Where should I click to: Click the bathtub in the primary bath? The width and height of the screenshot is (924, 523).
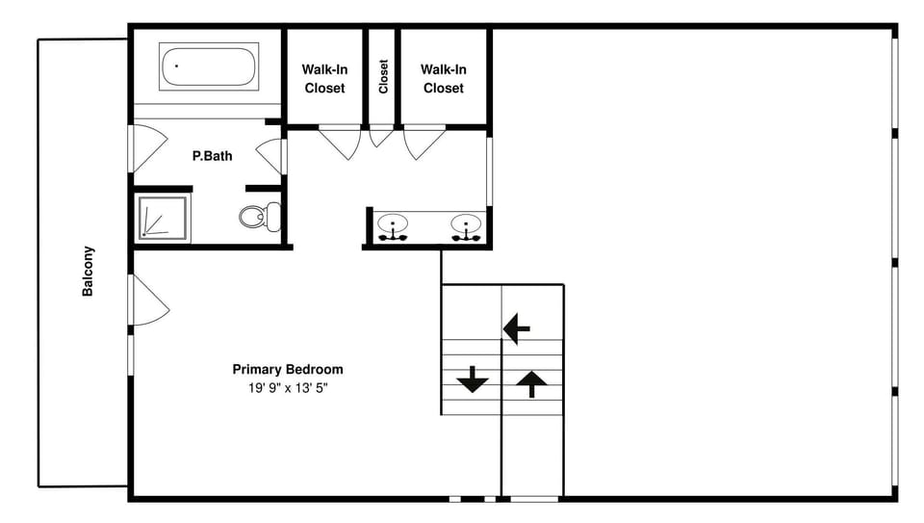point(209,66)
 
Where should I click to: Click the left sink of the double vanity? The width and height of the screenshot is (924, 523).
point(393,227)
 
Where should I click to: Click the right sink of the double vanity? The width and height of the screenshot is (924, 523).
point(466,227)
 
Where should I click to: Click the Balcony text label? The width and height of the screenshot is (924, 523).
point(88,272)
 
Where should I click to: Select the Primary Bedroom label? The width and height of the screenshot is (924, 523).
point(287,369)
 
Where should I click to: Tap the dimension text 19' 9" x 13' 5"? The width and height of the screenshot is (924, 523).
point(287,389)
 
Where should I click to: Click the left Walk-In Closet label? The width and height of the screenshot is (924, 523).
point(324,79)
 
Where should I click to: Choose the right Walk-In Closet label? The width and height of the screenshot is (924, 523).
point(443,79)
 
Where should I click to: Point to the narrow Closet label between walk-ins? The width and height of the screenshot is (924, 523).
point(383,77)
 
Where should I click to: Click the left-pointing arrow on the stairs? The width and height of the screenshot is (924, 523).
point(517,329)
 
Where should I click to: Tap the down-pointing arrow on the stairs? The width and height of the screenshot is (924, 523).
point(472,379)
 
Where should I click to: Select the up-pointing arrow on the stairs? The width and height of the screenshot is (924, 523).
point(530,384)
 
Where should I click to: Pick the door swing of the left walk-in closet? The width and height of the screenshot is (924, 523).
point(340,143)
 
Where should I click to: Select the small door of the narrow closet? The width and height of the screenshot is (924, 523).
point(381,136)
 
